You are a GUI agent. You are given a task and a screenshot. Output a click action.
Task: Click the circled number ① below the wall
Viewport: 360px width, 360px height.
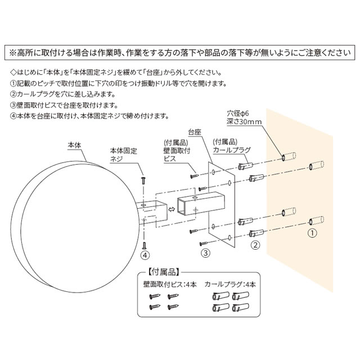[313, 231]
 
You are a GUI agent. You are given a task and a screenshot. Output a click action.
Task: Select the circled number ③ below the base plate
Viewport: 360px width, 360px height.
[206, 253]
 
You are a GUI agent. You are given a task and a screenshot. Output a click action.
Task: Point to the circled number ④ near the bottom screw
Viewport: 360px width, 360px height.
[145, 255]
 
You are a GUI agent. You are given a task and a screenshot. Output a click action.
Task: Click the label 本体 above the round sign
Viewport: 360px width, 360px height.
[74, 145]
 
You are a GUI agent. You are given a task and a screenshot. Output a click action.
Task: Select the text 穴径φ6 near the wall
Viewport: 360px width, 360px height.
[238, 113]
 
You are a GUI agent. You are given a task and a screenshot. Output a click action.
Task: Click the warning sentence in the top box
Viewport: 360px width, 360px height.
[180, 52]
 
